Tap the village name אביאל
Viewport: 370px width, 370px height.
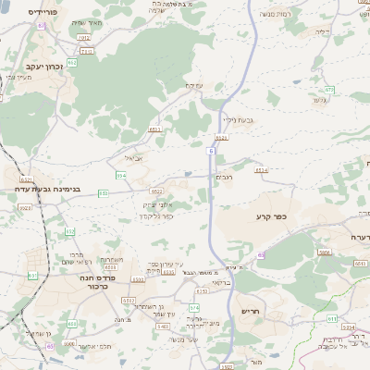click(x=133, y=157)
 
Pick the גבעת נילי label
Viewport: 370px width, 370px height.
click(x=238, y=119)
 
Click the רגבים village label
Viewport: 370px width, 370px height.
click(x=225, y=176)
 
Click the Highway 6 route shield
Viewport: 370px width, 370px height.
click(x=212, y=149)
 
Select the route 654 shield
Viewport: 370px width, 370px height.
click(x=121, y=174)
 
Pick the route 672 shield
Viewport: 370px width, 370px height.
click(x=329, y=90)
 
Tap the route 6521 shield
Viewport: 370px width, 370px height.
click(x=26, y=179)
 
